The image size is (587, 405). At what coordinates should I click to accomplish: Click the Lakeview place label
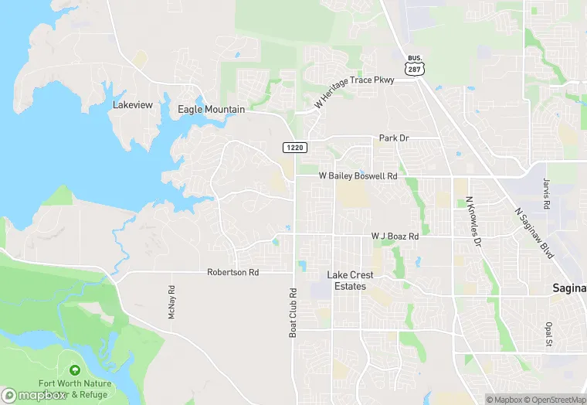[x=133, y=104]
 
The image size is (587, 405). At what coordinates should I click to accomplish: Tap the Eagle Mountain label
[x=211, y=110]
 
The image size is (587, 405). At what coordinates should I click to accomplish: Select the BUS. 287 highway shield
[x=414, y=64]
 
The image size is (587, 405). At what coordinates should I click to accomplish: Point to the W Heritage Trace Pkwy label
[x=355, y=91]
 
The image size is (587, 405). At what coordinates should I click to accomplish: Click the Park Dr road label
[x=393, y=138]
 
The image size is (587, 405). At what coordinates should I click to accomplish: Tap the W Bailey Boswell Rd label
[x=358, y=176]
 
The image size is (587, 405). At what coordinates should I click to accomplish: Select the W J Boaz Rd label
[x=394, y=236]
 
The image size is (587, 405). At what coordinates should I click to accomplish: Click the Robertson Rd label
[x=232, y=273]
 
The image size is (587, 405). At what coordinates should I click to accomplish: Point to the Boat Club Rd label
[x=293, y=313]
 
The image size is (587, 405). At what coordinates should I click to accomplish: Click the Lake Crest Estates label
[x=350, y=281]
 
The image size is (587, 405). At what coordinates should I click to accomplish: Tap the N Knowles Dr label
[x=473, y=221]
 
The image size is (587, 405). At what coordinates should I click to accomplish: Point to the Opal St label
[x=549, y=333]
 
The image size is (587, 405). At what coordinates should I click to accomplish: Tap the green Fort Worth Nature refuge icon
[x=75, y=371]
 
